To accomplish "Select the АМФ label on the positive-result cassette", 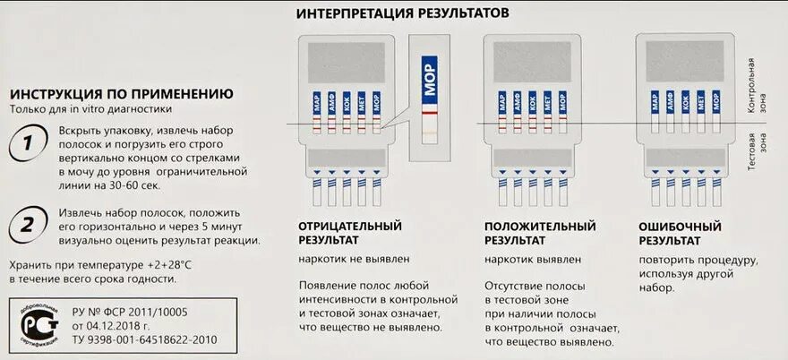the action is coord(518,101).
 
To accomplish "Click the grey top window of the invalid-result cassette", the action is coord(685,61).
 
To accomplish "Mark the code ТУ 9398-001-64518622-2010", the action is coord(146,339).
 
